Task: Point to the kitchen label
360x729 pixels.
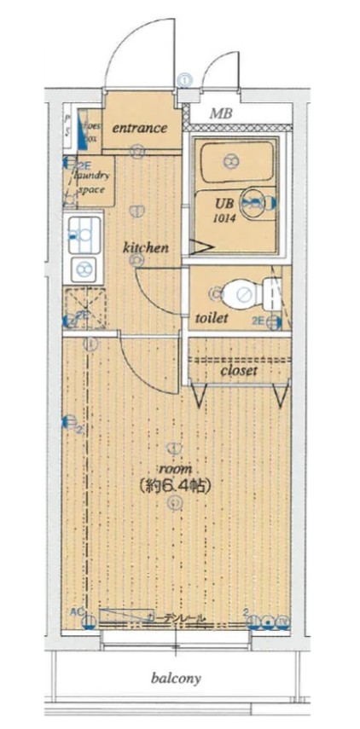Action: pos(145,248)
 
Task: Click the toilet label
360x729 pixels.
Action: pos(211,318)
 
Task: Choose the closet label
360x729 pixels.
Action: pos(239,371)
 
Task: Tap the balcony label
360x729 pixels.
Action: pos(176,679)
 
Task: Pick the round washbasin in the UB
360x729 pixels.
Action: pos(253,203)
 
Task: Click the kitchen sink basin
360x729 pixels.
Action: pos(84,229)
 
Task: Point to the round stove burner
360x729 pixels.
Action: pos(84,270)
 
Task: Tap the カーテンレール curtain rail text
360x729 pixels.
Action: pos(175,616)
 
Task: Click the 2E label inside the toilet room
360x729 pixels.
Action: pos(260,321)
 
